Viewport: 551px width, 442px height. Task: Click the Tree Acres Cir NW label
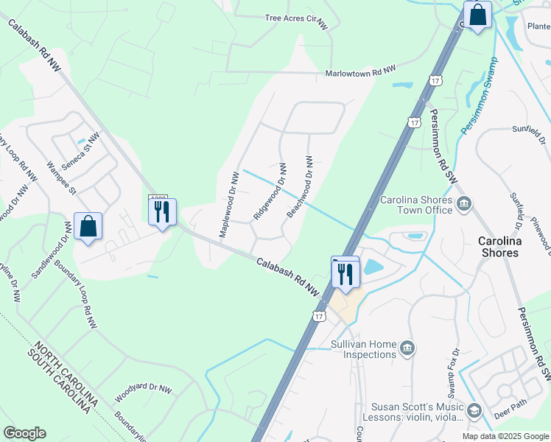[296, 21]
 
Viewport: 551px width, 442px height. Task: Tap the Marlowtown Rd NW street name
[361, 72]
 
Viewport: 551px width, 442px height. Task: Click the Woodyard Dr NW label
[143, 392]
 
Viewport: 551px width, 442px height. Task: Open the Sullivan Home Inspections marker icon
[407, 347]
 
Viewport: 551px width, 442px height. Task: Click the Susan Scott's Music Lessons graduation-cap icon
[475, 409]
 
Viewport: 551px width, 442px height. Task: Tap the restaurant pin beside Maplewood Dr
[162, 212]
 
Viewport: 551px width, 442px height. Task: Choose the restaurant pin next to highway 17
[345, 273]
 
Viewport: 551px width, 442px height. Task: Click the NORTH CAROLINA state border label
[66, 372]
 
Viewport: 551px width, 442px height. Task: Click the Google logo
[24, 433]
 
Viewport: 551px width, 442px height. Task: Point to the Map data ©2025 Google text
[505, 436]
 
